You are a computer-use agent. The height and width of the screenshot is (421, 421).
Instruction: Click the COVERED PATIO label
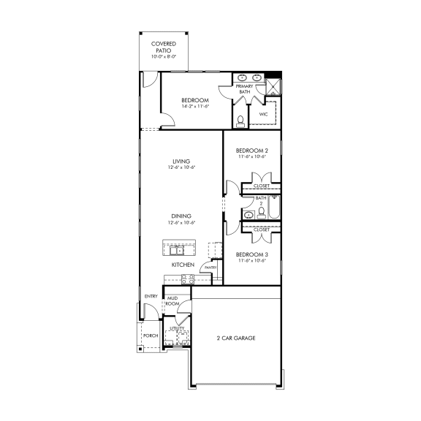164,47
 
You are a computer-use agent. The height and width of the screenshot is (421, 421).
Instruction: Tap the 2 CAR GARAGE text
236,338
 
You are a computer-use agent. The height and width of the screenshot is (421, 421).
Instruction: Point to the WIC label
263,114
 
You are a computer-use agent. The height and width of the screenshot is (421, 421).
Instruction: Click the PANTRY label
210,268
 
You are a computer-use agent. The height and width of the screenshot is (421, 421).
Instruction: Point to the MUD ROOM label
172,300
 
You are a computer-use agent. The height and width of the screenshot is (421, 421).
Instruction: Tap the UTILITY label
177,329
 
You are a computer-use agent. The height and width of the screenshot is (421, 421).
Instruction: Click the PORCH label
151,335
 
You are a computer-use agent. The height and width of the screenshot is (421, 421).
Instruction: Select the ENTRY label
151,296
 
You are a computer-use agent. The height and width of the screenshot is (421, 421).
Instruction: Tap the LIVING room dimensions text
181,168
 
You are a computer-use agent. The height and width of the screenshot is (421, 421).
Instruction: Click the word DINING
181,216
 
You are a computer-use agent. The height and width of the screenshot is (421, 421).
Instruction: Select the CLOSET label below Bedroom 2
262,186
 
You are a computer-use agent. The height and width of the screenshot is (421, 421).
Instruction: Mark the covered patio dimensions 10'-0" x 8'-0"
164,56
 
